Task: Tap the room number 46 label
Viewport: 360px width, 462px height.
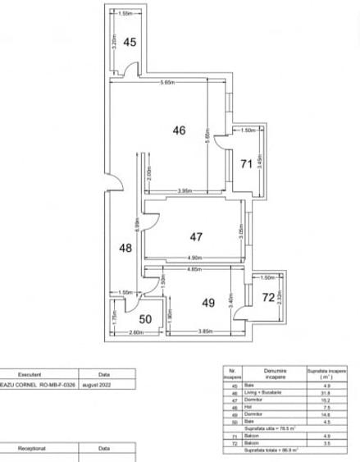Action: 179,129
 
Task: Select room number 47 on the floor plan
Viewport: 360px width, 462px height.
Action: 196,236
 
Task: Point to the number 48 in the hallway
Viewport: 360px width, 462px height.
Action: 124,247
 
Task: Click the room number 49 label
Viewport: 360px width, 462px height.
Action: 207,303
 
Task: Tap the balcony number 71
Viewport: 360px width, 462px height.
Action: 244,164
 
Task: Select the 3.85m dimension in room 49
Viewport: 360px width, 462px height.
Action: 205,332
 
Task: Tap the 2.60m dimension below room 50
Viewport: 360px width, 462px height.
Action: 137,332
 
